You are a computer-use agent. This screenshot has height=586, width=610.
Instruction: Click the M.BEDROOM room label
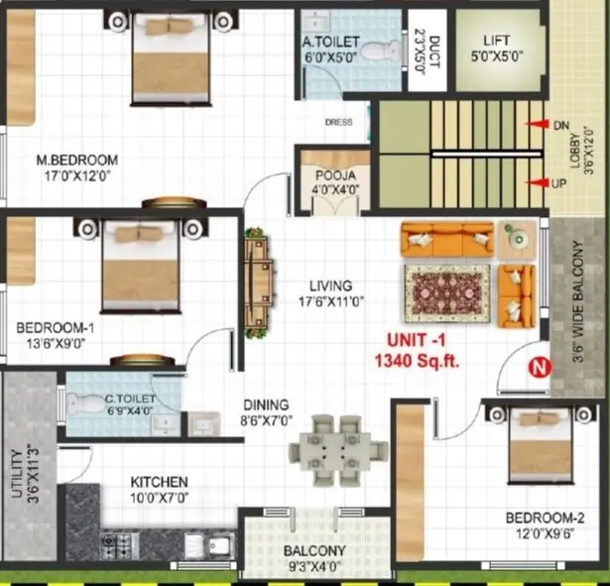pyautogui.click(x=77, y=160)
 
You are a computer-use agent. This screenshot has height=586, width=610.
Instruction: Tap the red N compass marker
pyautogui.click(x=540, y=367)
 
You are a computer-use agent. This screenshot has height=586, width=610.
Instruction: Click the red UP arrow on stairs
pyautogui.click(x=540, y=183)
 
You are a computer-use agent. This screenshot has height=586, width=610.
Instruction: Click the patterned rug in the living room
pyautogui.click(x=447, y=294)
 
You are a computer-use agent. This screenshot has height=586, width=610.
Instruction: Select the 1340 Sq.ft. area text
pyautogui.click(x=417, y=362)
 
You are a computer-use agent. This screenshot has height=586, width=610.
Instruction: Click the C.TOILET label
pyautogui.click(x=128, y=402)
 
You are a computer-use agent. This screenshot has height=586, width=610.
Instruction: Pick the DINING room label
pyautogui.click(x=266, y=405)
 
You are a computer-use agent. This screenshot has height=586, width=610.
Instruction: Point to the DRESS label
pyautogui.click(x=338, y=123)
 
